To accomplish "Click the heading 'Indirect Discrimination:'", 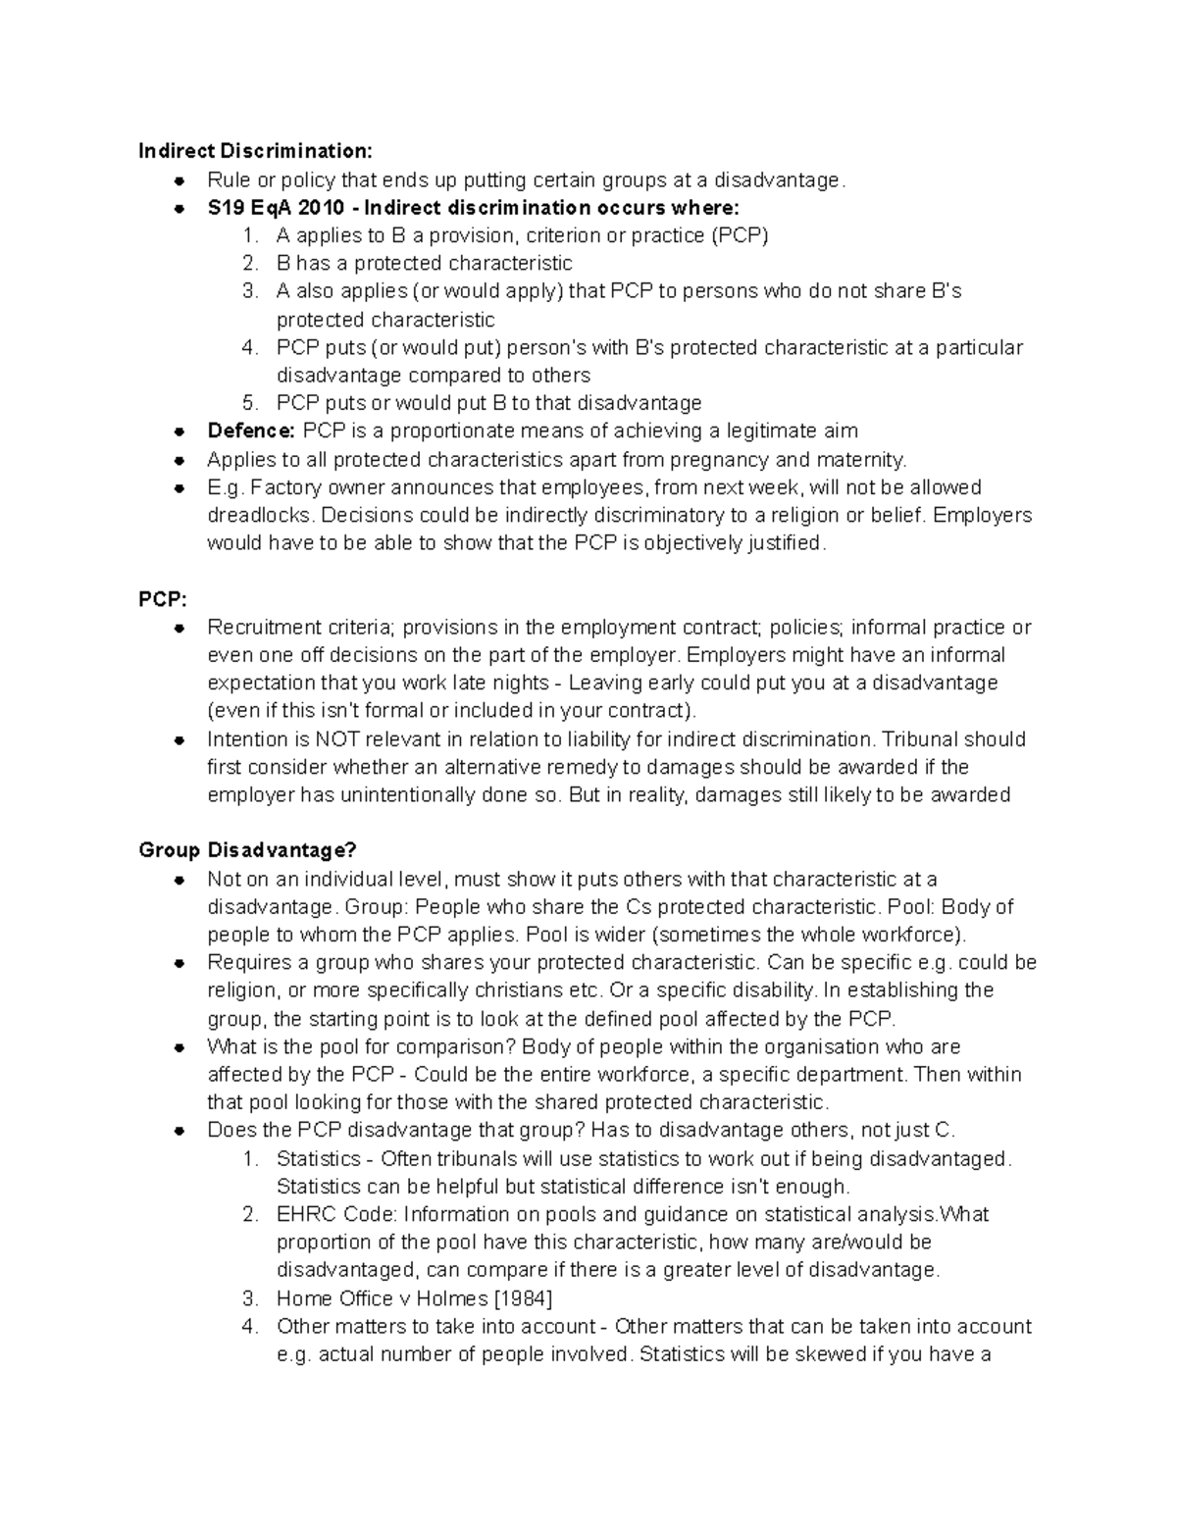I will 255,151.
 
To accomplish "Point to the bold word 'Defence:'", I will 251,432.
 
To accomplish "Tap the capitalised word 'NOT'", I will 338,739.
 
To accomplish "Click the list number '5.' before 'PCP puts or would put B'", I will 250,403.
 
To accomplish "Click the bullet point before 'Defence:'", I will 179,432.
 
